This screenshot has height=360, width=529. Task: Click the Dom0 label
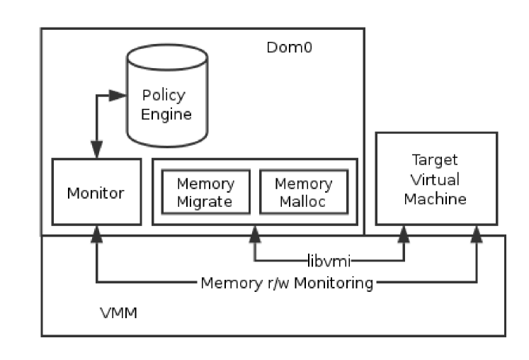pos(289,47)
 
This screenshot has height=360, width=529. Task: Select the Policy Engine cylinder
pos(167,96)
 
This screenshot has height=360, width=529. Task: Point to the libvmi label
pos(329,261)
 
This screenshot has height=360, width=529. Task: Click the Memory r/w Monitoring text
pos(287,283)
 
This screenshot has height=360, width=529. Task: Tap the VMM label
pos(119,313)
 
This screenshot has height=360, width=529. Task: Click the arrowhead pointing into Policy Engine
pos(118,96)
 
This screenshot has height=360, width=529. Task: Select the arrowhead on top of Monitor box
pos(97,150)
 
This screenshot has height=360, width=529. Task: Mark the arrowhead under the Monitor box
pos(97,234)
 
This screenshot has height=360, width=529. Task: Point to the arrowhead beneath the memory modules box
pos(255,234)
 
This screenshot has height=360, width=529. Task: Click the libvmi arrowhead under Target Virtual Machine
pos(404,234)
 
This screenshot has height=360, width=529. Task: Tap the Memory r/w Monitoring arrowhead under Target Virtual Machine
pos(477,234)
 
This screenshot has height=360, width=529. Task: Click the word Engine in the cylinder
pos(166,115)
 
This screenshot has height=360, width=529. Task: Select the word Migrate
pos(205,202)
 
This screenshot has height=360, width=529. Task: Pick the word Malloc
pos(302,202)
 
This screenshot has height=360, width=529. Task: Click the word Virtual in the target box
pos(436,179)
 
